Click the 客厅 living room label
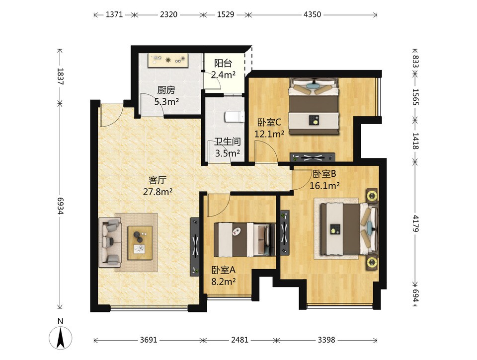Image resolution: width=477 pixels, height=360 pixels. tap(157, 181)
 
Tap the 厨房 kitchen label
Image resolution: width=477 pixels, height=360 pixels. tap(166, 90)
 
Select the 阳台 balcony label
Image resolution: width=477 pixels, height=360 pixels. tap(223, 63)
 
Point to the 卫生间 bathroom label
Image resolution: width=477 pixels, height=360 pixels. tap(228, 142)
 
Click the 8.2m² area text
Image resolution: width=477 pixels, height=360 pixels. tap(224, 282)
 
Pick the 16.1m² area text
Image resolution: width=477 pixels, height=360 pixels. tap(324, 185)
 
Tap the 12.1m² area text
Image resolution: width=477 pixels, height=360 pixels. tap(269, 134)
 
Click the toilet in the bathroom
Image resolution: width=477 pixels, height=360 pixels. tap(235, 117)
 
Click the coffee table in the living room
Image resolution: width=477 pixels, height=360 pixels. tap(140, 243)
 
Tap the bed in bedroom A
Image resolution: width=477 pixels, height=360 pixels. tap(244, 239)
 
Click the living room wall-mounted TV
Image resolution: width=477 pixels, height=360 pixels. tap(195, 247)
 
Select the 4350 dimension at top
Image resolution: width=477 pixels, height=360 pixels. tap(312, 14)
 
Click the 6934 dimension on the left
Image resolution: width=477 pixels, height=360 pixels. tap(60, 206)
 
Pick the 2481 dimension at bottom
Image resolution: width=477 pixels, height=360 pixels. tap(239, 340)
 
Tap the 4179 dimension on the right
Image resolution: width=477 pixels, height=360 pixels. tap(415, 223)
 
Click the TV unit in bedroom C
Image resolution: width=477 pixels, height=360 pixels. tap(313, 157)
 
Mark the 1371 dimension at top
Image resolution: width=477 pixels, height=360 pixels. tap(114, 14)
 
